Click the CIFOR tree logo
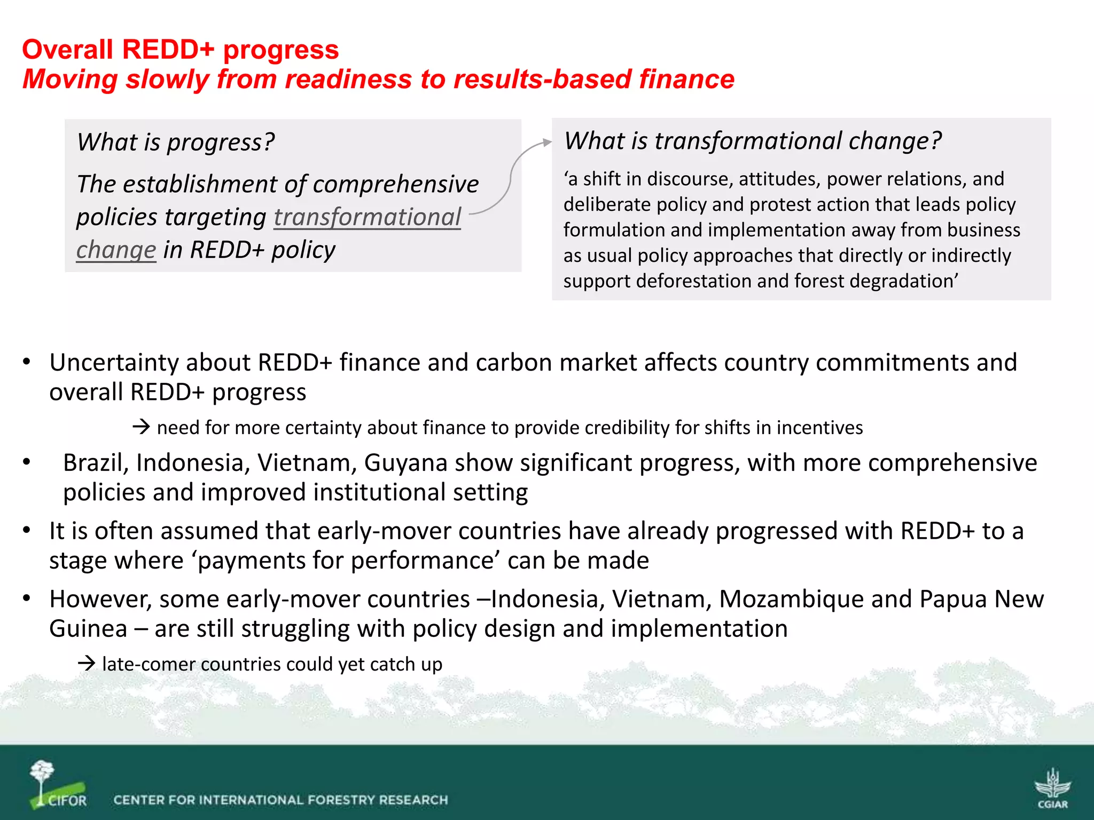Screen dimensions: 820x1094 point(56,785)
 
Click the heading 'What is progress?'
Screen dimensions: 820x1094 point(175,143)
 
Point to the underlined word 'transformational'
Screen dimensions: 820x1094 point(367,217)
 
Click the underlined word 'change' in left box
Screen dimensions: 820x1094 point(116,250)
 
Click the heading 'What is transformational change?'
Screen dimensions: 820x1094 point(752,141)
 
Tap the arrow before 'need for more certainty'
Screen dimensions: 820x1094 point(142,427)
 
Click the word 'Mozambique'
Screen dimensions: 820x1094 point(791,600)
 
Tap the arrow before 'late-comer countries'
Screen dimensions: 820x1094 point(87,664)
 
